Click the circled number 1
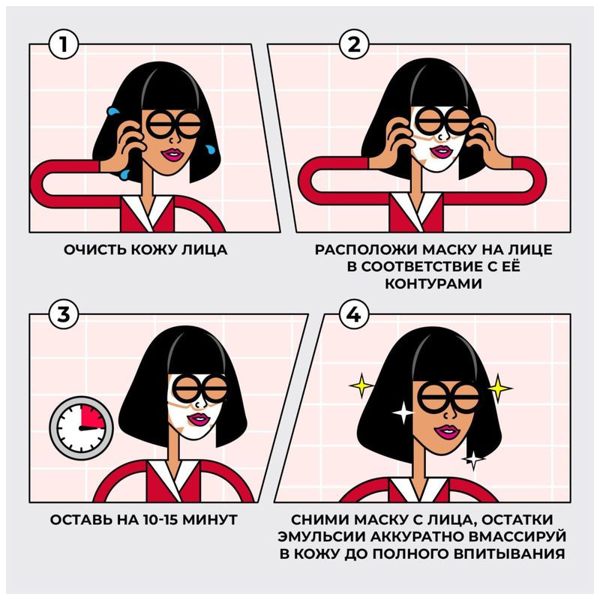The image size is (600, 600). pyautogui.click(x=64, y=44)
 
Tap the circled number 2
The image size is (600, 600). pyautogui.click(x=354, y=44)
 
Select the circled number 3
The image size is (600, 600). pyautogui.click(x=64, y=314)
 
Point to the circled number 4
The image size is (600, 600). pyautogui.click(x=354, y=314)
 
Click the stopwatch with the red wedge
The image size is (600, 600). pyautogui.click(x=81, y=427)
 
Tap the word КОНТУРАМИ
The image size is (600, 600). pyautogui.click(x=433, y=283)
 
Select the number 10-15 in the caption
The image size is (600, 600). pyautogui.click(x=160, y=520)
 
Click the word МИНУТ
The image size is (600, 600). pyautogui.click(x=210, y=520)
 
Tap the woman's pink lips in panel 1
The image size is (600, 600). pyautogui.click(x=172, y=154)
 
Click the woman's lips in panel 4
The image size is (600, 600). pyautogui.click(x=446, y=432)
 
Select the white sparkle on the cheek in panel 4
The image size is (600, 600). pyautogui.click(x=403, y=413)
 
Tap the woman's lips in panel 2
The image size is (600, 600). pyautogui.click(x=441, y=151)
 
